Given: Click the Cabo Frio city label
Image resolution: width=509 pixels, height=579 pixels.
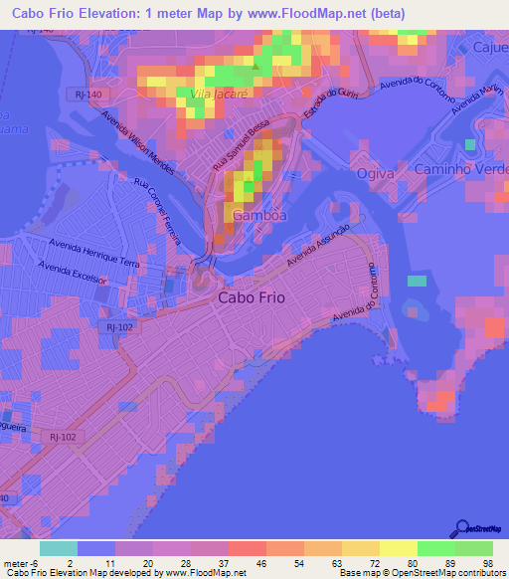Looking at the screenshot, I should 252,297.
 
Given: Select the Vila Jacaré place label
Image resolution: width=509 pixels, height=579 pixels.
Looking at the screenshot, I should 218,96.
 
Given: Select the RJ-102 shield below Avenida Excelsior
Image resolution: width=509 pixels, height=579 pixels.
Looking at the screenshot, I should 119,326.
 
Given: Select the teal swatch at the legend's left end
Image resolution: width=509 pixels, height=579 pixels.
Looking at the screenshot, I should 59,548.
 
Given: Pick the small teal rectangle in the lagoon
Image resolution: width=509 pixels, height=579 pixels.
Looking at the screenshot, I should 417,282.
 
